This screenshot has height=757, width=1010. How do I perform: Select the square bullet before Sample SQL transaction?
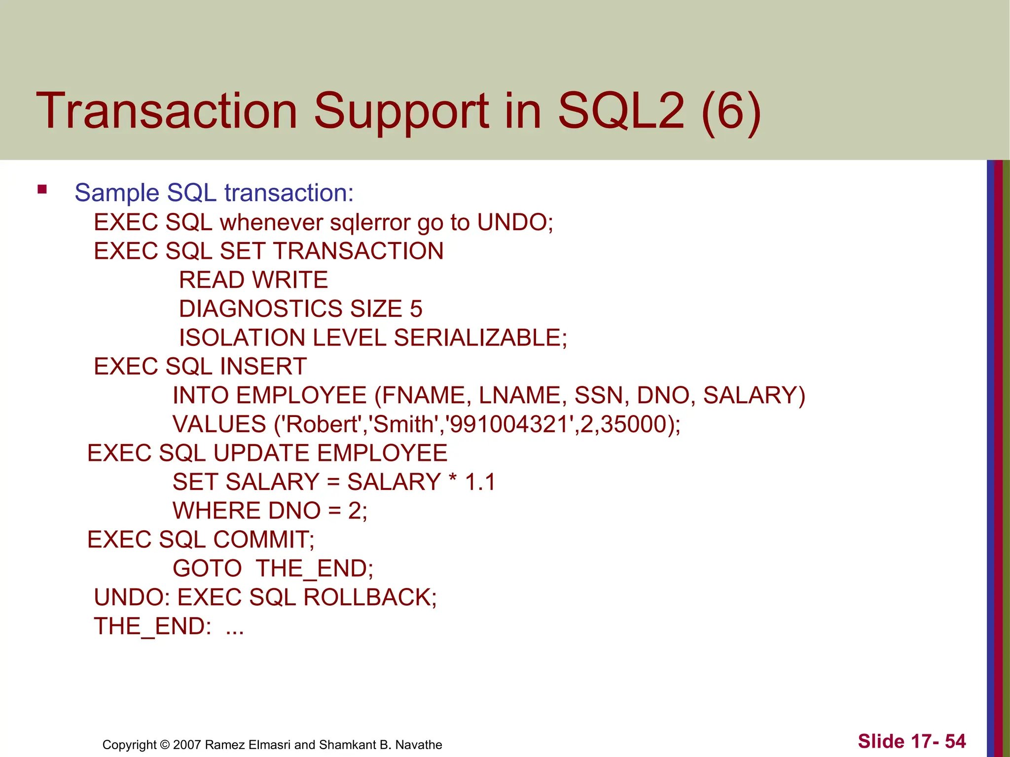(42, 189)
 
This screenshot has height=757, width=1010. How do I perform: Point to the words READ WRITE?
(253, 280)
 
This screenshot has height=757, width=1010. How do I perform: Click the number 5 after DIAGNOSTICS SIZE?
(416, 309)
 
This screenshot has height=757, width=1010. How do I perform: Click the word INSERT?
(263, 367)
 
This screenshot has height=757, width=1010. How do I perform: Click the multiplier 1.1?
(480, 482)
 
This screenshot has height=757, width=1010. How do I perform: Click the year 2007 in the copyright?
(187, 745)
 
